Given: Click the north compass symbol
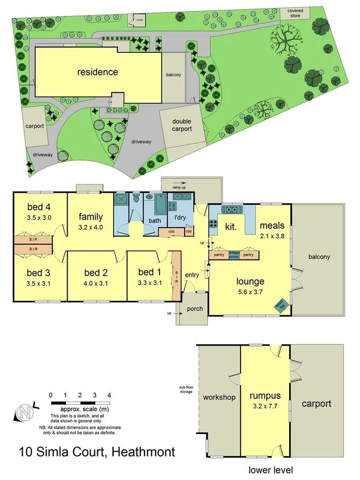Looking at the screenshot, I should coord(24,412).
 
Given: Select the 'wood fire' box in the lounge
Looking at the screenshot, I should coord(281,305).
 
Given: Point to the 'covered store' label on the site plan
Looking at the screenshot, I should coord(295,13).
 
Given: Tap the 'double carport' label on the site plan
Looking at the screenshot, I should coord(181,125).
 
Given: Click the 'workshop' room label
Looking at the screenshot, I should coord(219,397).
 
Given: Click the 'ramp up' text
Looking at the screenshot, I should coord(179,188).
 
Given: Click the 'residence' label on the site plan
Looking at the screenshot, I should coord(98,71).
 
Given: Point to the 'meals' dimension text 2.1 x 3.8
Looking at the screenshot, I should coord(272,235).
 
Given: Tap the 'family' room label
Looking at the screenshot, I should coord(91,217).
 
